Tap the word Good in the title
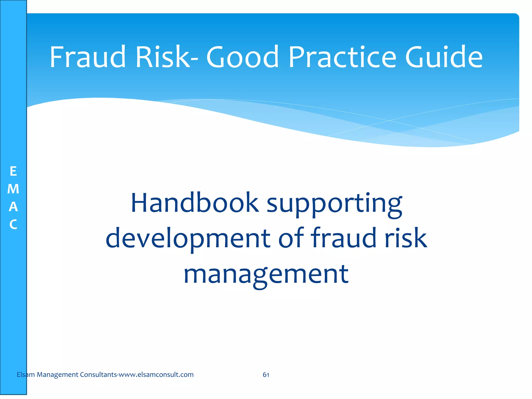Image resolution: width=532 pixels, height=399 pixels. click(242, 57)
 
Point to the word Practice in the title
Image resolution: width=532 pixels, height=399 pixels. click(342, 57)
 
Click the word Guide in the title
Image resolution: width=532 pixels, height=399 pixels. click(444, 57)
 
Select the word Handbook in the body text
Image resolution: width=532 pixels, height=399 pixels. click(195, 203)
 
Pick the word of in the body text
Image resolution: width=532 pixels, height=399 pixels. click(291, 237)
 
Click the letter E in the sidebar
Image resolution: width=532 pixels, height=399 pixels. click(13, 171)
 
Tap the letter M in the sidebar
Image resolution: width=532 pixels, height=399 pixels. click(13, 189)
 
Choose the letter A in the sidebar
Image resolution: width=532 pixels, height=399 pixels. click(13, 207)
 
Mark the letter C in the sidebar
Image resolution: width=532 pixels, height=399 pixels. click(13, 224)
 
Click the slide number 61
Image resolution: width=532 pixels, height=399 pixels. click(266, 375)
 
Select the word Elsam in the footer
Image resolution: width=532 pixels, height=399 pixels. click(25, 375)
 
